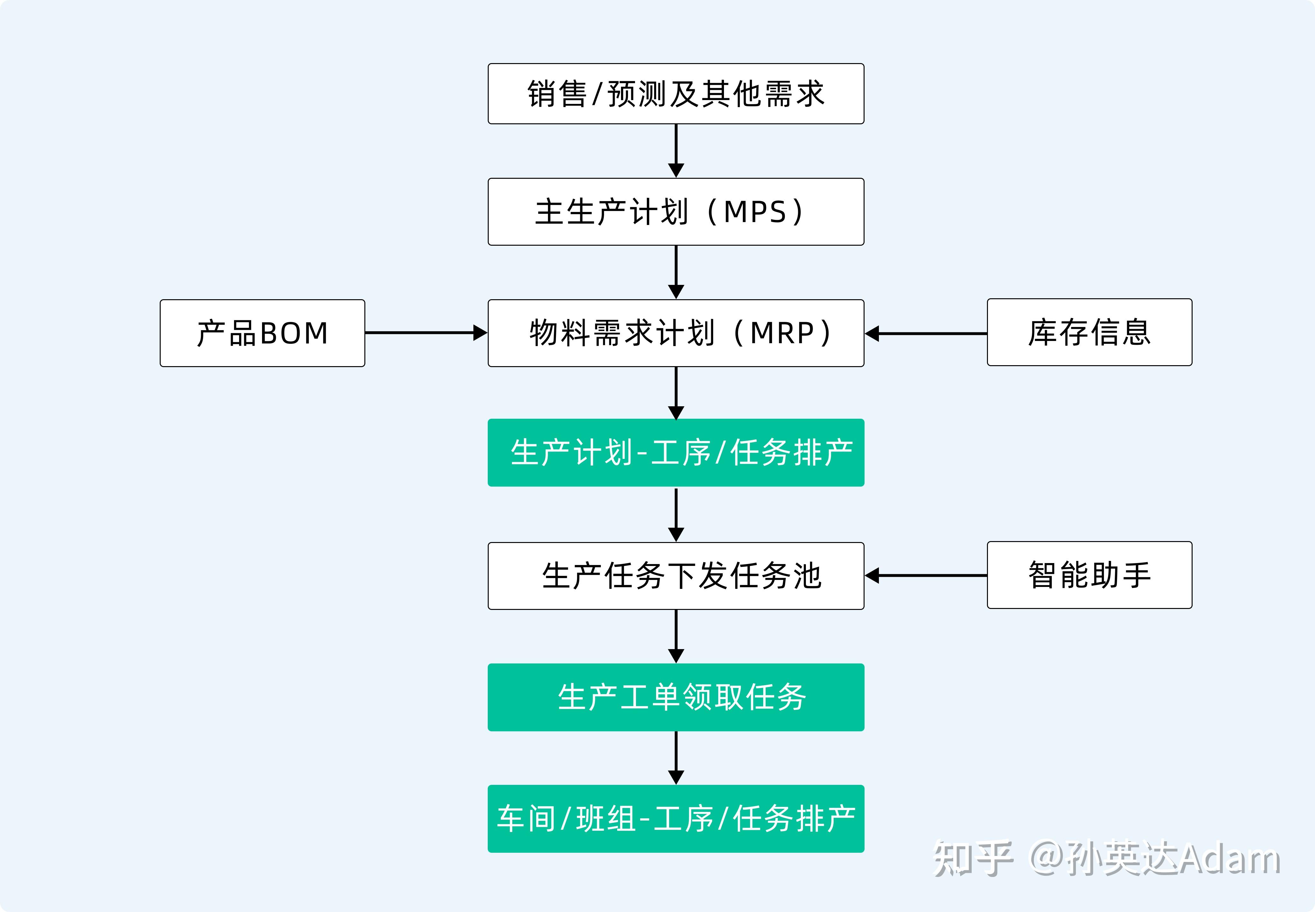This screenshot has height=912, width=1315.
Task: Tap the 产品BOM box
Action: tap(262, 333)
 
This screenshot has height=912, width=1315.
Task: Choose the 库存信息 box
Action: tap(1089, 332)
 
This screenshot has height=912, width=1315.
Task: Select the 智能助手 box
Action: tap(1089, 575)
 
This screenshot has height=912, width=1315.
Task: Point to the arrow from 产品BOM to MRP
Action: tap(426, 333)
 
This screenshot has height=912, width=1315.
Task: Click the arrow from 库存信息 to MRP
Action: tap(926, 333)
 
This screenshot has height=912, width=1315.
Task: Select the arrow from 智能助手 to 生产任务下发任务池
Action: tap(926, 575)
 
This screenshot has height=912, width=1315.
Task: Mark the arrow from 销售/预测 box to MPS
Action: tap(676, 150)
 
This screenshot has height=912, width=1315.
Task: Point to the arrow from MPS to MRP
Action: tap(676, 272)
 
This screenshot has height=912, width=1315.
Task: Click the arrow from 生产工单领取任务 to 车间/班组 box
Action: tap(676, 758)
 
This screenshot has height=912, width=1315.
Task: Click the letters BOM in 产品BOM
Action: tap(294, 333)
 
